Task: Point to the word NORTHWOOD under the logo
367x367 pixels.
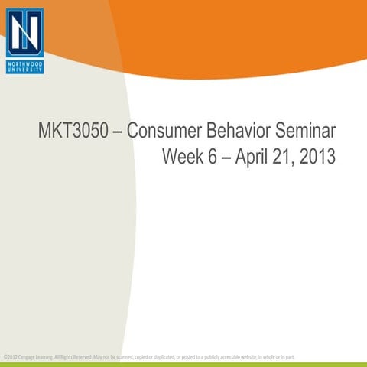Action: tap(24, 63)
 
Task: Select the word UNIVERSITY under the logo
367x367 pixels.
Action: tap(24, 70)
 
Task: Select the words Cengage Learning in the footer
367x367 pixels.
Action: tap(30, 356)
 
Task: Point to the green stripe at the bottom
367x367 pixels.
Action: tap(183, 364)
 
